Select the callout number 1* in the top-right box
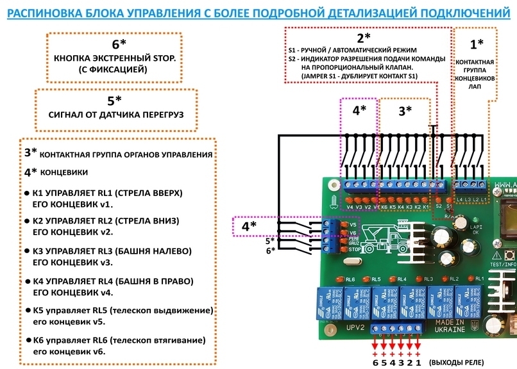coord(477,44)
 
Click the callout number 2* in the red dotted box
coord(364,38)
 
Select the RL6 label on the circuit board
coord(350,280)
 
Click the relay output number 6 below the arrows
coord(376,363)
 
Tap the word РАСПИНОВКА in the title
coord(44,13)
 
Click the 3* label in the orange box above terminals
coord(405,110)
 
